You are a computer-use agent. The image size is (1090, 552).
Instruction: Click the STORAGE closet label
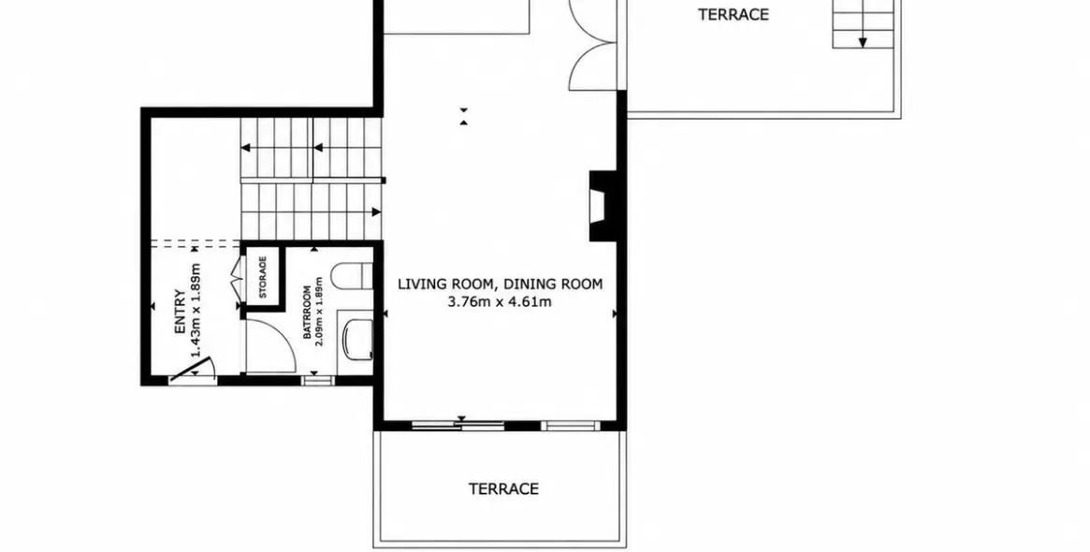pyautogui.click(x=263, y=277)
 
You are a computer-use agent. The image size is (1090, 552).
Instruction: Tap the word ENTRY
pyautogui.click(x=180, y=312)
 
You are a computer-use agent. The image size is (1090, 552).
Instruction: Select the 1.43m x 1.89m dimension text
pyautogui.click(x=196, y=310)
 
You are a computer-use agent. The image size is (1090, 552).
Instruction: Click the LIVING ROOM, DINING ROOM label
pyautogui.click(x=500, y=283)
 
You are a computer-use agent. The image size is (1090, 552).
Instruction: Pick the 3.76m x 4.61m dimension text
pyautogui.click(x=500, y=301)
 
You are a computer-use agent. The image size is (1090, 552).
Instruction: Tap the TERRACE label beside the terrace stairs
pyautogui.click(x=734, y=15)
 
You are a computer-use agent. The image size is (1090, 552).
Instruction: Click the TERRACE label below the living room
pyautogui.click(x=504, y=488)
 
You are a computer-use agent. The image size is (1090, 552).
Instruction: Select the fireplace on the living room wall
pyautogui.click(x=602, y=206)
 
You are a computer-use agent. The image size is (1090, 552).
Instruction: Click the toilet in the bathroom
pyautogui.click(x=353, y=276)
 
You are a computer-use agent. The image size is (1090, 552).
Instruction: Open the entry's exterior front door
pyautogui.click(x=192, y=370)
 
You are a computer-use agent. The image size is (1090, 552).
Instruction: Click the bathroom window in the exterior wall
pyautogui.click(x=318, y=380)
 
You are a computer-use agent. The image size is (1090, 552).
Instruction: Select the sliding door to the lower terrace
pyautogui.click(x=458, y=425)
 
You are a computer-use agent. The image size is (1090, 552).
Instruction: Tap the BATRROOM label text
pyautogui.click(x=308, y=312)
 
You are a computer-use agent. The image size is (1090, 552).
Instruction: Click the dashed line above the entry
pyautogui.click(x=196, y=243)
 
